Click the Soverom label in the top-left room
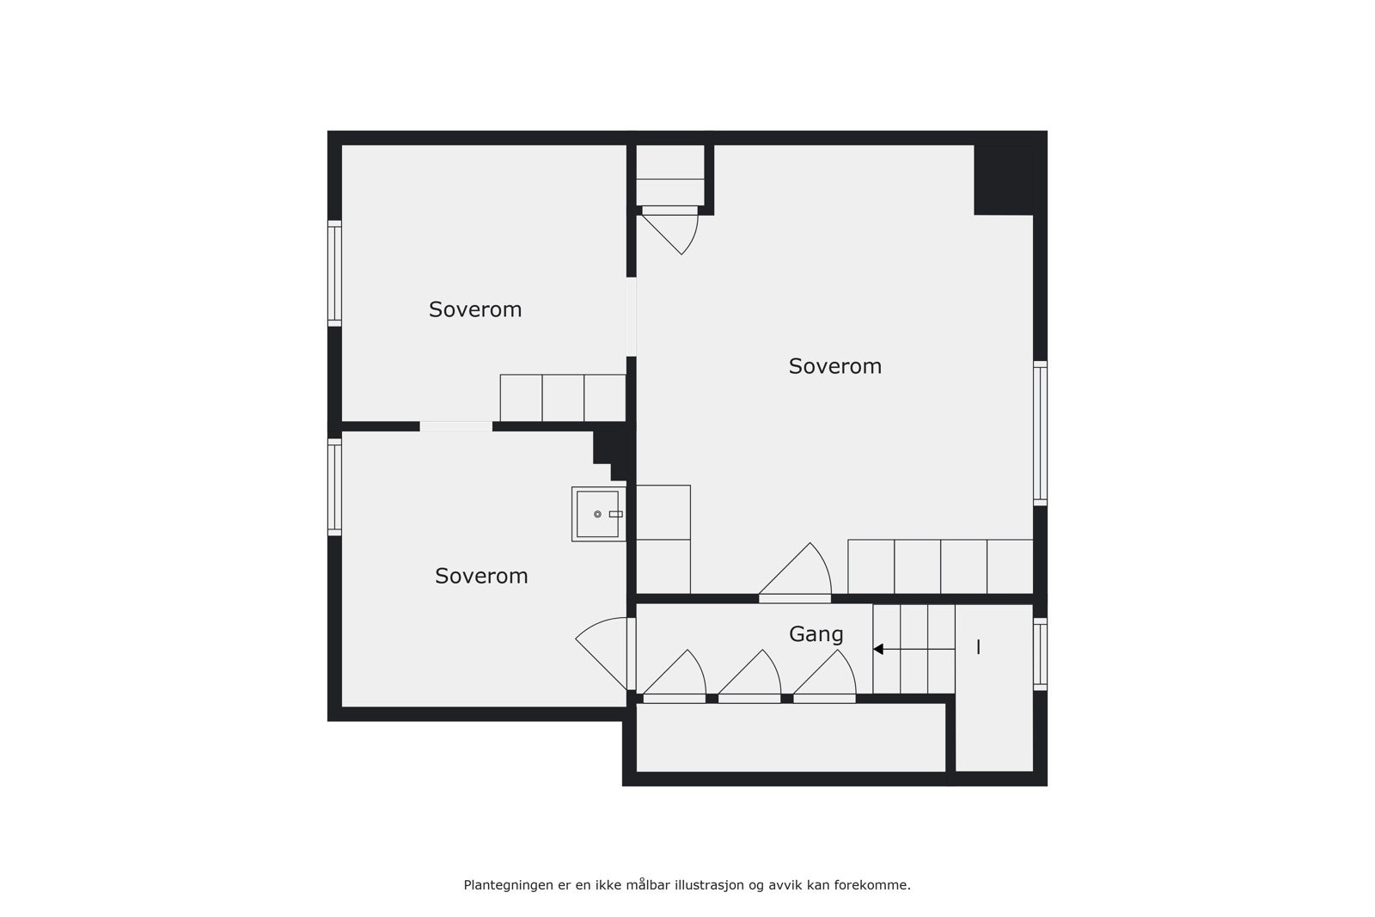[x=475, y=309]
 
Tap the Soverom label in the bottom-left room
[x=481, y=576]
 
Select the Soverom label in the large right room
[x=835, y=366]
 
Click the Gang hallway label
[x=816, y=634]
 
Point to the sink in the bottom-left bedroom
[x=598, y=514]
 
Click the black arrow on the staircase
[x=878, y=649]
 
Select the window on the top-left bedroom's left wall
[x=335, y=273]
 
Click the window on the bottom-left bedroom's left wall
[x=335, y=487]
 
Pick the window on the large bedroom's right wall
[x=1040, y=432]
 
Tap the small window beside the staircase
[x=1040, y=654]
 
